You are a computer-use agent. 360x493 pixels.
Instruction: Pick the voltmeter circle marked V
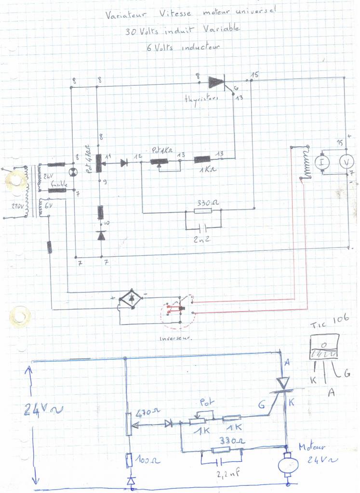point(346,163)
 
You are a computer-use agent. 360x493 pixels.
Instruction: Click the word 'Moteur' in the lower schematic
point(310,447)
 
